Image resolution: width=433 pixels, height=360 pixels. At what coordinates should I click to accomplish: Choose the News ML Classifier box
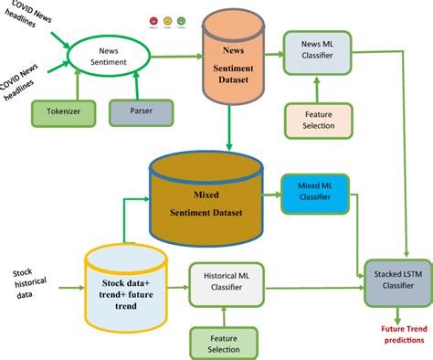(x=315, y=50)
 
